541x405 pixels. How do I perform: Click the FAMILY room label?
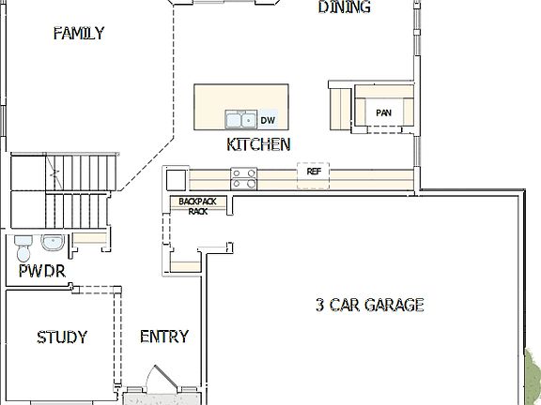[78, 34]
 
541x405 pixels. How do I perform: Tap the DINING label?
[344, 8]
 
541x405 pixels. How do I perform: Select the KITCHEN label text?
[258, 144]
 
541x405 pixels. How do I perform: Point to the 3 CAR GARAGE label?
[369, 305]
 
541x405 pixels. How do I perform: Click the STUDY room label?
[62, 337]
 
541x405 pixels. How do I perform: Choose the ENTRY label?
[163, 337]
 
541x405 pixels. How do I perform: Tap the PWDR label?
[41, 273]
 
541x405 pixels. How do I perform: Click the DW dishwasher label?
[268, 120]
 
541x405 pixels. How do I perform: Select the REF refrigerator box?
[314, 173]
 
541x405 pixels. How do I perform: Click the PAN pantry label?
[383, 113]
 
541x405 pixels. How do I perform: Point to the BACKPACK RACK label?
[197, 206]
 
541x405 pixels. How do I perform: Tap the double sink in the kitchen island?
[240, 120]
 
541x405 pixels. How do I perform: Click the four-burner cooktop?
[244, 174]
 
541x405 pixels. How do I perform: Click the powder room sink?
[53, 245]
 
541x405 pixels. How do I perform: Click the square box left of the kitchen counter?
[176, 178]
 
